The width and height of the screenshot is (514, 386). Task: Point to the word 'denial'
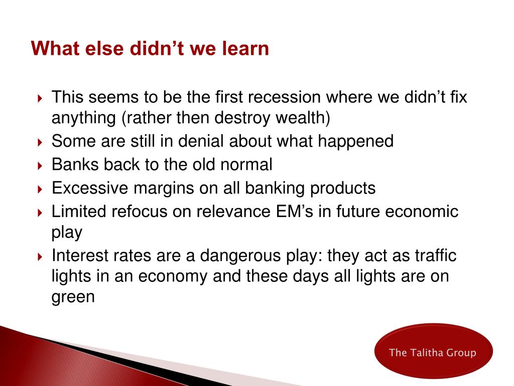click(x=201, y=141)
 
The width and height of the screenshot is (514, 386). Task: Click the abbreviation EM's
click(x=294, y=212)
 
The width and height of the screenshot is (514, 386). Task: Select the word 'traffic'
click(x=436, y=255)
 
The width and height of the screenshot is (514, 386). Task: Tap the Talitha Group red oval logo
click(x=433, y=351)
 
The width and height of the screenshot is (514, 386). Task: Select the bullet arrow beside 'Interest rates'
click(x=40, y=257)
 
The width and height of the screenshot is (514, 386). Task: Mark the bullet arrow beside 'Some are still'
click(x=40, y=142)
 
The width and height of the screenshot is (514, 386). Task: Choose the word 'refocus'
click(x=140, y=212)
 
